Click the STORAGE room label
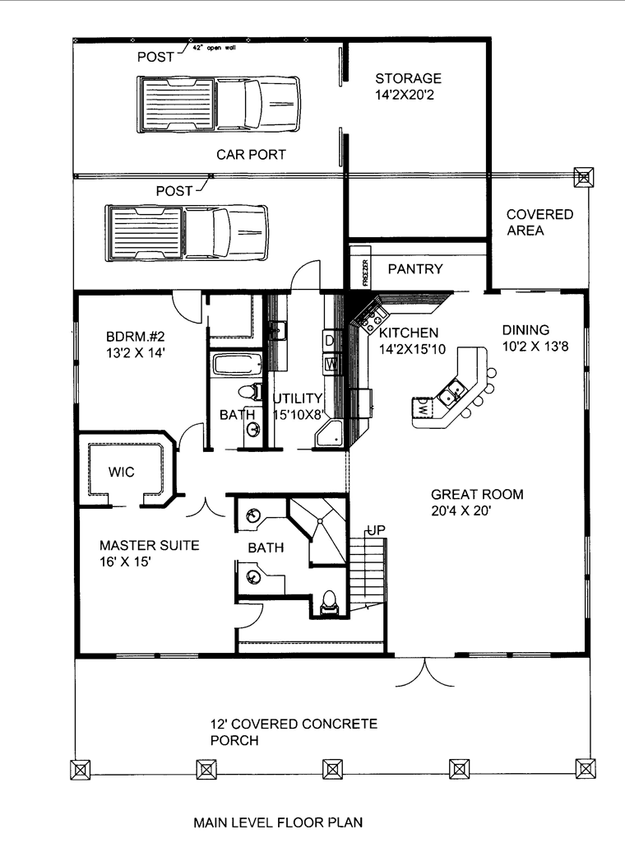[409, 78]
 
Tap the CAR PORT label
[251, 155]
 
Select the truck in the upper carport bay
[218, 104]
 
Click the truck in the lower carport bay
[187, 233]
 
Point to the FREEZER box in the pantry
[365, 273]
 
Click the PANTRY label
[414, 268]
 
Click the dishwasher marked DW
[422, 408]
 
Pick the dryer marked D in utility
[331, 341]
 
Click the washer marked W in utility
[331, 364]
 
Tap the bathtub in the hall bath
[237, 364]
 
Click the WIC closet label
[121, 472]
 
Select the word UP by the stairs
[377, 530]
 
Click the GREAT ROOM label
[477, 494]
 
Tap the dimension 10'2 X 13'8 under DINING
[535, 347]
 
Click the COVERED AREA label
[539, 222]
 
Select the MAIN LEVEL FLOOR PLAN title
[278, 822]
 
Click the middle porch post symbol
[332, 768]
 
